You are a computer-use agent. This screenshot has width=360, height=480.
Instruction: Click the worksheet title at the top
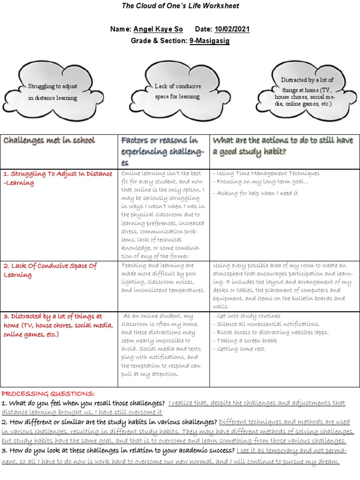point(180,6)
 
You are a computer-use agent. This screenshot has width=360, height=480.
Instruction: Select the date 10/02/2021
point(232,29)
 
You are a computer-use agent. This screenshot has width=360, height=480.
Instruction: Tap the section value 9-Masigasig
point(210,41)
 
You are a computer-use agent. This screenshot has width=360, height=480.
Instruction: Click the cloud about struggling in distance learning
point(52,92)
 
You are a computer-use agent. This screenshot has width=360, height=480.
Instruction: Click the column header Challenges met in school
point(49,140)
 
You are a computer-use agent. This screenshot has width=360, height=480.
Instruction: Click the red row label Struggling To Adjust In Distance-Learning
point(58,178)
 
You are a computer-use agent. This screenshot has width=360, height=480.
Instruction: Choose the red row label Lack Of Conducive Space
point(50,270)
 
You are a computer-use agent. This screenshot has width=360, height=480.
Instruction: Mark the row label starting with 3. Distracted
point(58,325)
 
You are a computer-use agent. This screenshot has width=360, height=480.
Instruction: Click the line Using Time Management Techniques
point(266,173)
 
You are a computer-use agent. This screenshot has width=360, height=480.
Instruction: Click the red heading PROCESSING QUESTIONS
point(48,393)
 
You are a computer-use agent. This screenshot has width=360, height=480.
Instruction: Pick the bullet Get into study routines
point(247,316)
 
